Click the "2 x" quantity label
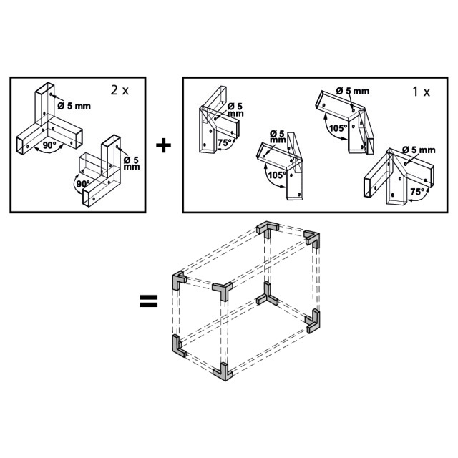click(120, 90)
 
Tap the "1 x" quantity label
click(421, 92)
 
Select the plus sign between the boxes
click(163, 145)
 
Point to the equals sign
click(149, 301)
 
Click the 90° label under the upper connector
click(49, 145)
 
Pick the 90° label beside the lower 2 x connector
click(83, 184)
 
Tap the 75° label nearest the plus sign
click(225, 143)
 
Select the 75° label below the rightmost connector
click(417, 192)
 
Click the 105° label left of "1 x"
click(338, 128)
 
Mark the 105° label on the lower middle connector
click(277, 175)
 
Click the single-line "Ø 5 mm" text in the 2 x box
click(74, 106)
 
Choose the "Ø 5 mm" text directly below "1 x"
click(419, 150)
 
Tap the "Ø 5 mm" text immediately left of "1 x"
click(353, 91)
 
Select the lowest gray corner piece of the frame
click(223, 372)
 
